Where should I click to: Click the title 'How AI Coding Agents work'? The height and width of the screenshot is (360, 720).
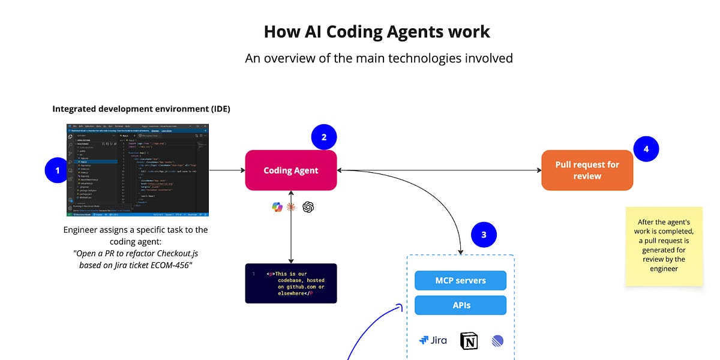(x=377, y=31)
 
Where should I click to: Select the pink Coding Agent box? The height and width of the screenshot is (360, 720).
(x=291, y=170)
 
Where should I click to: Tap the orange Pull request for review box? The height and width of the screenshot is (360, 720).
(x=587, y=170)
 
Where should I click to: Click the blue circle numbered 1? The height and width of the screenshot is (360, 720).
(x=58, y=170)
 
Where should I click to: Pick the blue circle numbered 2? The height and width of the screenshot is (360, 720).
(x=324, y=137)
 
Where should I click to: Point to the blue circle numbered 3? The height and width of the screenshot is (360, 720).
(x=484, y=235)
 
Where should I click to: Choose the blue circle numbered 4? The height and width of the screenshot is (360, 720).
(x=646, y=149)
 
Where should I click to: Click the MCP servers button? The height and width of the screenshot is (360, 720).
(x=460, y=280)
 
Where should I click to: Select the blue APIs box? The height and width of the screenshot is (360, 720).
(x=460, y=305)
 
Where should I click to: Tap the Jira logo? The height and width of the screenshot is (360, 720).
(x=433, y=340)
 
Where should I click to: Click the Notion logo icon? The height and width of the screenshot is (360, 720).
(x=469, y=341)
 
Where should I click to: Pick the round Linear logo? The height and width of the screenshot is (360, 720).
(x=497, y=341)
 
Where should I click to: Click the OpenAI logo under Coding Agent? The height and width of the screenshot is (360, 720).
(x=308, y=207)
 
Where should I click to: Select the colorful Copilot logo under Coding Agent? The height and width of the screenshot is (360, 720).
(x=277, y=207)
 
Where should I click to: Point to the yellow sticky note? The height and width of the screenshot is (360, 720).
(x=664, y=247)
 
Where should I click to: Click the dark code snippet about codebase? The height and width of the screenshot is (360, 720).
(x=291, y=283)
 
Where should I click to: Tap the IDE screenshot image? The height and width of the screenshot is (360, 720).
(x=138, y=170)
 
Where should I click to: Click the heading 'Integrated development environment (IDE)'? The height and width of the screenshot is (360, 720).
(x=141, y=109)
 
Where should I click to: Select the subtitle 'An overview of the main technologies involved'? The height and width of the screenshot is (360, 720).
(x=379, y=58)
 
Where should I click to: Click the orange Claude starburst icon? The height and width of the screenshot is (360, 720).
(x=292, y=207)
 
